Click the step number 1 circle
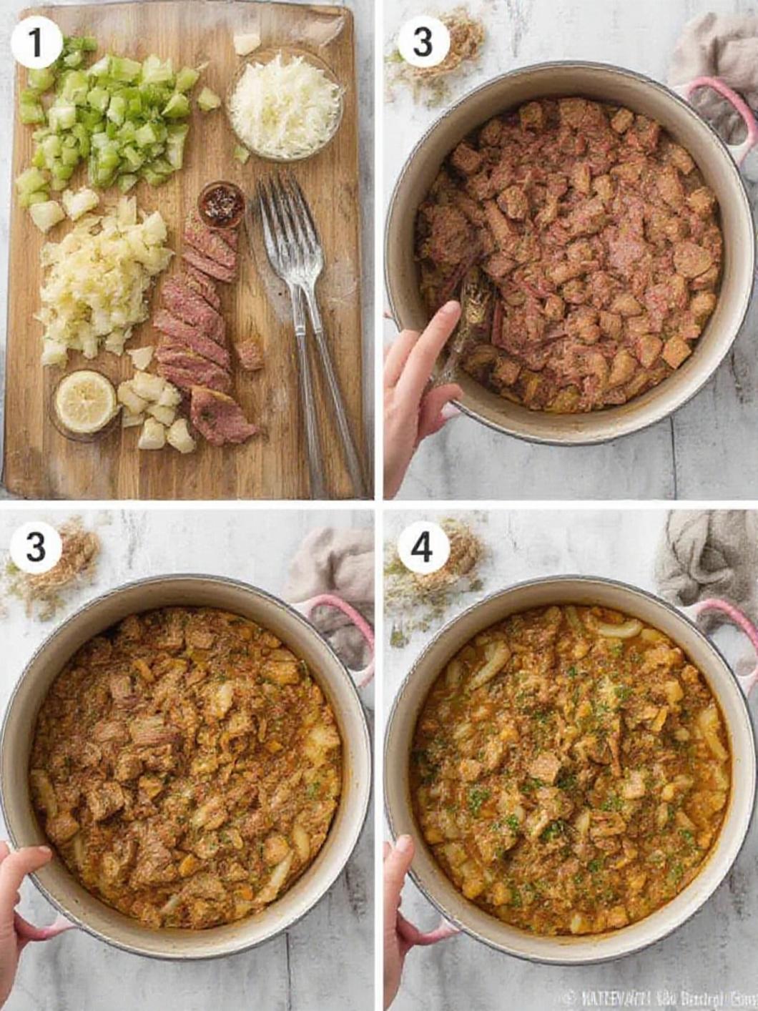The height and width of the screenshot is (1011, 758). coord(36,42)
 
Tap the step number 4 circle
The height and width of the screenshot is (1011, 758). coord(423,548)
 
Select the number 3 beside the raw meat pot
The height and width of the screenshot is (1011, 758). coord(423,42)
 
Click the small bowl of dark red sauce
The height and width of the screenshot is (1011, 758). coord(222,204)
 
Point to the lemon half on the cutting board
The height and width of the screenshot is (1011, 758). coord(85,402)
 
